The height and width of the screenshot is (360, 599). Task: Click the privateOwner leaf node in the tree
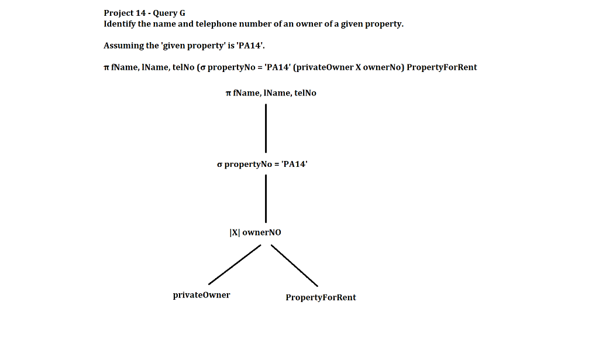tap(201, 295)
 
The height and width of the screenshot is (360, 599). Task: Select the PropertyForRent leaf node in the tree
tap(321, 297)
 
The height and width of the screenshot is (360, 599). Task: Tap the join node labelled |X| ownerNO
tap(255, 232)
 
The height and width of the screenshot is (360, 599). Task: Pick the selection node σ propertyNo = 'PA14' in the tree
tap(261, 164)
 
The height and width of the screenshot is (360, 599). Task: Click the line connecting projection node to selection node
tap(266, 128)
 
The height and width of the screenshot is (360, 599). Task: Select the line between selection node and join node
tap(266, 198)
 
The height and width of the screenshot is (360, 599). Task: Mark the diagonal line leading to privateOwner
tap(235, 265)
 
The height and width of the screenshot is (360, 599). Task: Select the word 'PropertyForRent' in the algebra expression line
tap(442, 67)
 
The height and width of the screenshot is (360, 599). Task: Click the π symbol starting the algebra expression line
tap(106, 68)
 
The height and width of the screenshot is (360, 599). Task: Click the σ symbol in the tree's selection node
tap(219, 165)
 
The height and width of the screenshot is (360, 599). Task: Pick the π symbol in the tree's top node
tap(228, 94)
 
